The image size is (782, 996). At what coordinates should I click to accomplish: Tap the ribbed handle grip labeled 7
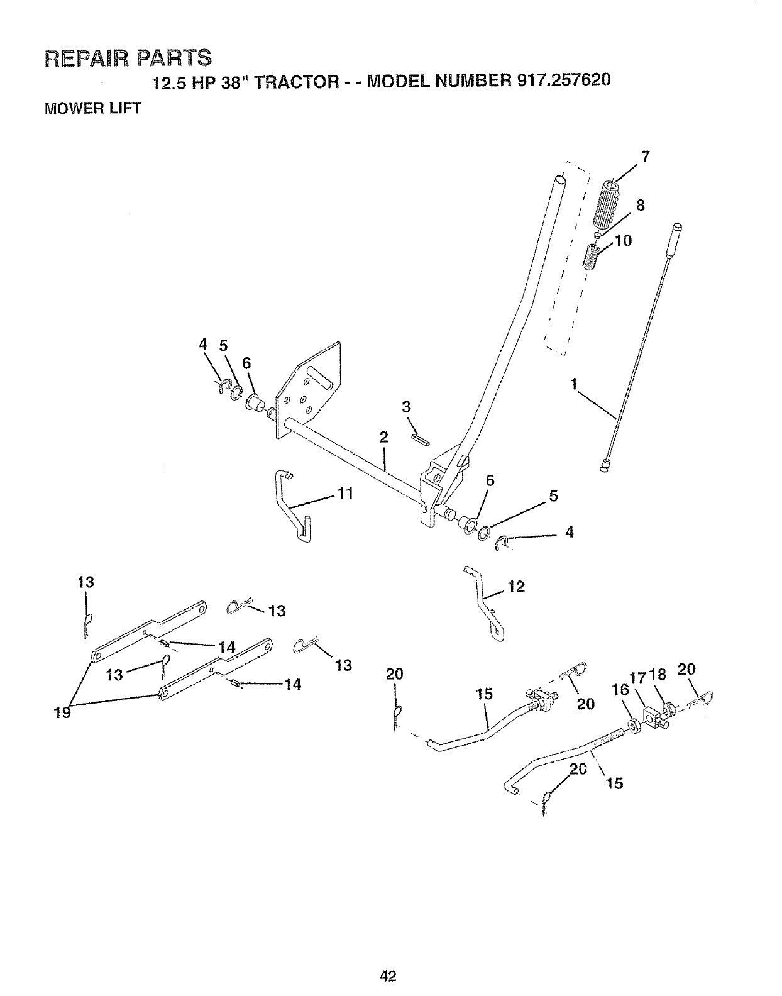click(606, 205)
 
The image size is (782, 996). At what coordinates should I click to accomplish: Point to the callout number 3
click(406, 407)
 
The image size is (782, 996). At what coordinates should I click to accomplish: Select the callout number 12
click(515, 587)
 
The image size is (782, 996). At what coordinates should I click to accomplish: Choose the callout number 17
click(637, 678)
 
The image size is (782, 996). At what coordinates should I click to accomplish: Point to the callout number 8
click(640, 205)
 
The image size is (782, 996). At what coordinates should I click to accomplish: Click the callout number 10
click(624, 241)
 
